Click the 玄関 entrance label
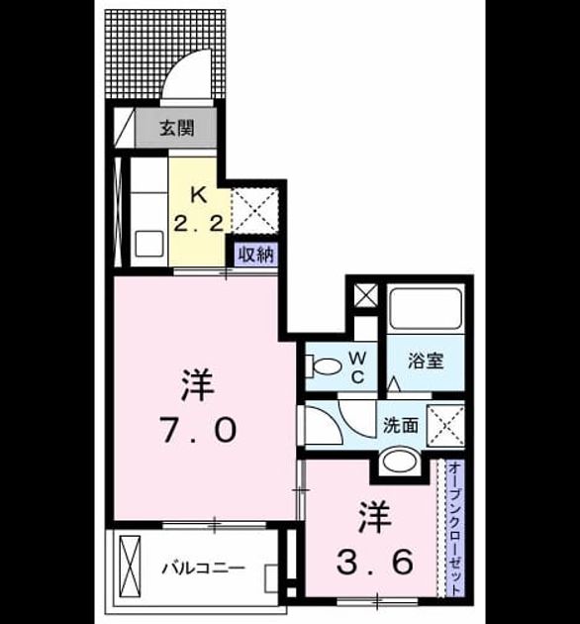177,128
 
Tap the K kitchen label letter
199,195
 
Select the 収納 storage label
256,255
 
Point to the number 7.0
198,430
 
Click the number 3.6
374,562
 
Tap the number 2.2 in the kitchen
198,224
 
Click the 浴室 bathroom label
426,361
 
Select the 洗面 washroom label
401,426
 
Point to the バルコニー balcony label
203,568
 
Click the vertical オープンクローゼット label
455,529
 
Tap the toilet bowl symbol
324,365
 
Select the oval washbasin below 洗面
400,462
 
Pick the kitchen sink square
149,244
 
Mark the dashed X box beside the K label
254,211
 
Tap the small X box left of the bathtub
365,296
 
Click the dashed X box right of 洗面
445,426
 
